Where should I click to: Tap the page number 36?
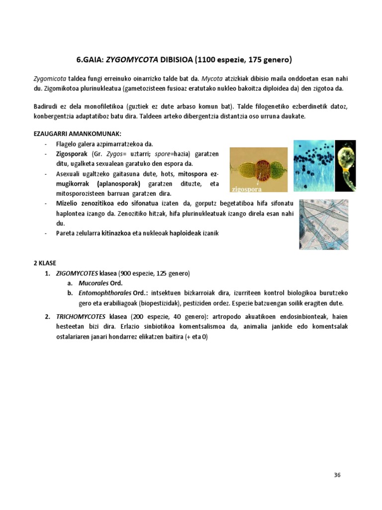coord(337,475)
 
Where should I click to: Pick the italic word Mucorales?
coord(95,283)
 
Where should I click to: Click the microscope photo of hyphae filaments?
coord(323,224)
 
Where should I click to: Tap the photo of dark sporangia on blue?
coord(312,165)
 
